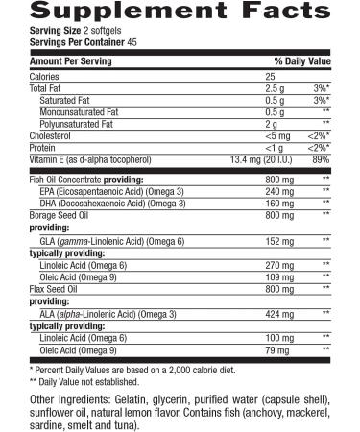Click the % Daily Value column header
click(301, 60)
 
